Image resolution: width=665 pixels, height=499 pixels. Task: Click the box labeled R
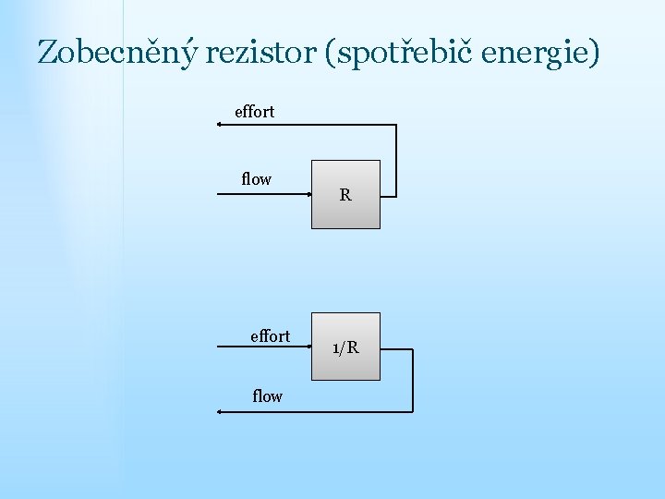345,195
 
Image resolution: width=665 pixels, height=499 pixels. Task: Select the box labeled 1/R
345,347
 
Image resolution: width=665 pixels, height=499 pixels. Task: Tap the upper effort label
254,112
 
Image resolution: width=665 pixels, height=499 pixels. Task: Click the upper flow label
256,179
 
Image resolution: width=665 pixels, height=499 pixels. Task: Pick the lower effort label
270,336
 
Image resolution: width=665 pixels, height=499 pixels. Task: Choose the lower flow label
267,396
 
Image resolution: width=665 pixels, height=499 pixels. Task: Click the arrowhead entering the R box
308,195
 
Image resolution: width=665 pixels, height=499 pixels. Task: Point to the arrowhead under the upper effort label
220,125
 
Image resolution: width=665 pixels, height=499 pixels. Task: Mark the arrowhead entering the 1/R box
308,347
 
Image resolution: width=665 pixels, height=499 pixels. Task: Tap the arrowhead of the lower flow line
220,412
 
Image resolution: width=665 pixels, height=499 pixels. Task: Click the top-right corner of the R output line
396,125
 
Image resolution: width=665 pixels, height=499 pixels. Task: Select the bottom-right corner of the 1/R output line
413,412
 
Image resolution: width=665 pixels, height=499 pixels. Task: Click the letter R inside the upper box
345,195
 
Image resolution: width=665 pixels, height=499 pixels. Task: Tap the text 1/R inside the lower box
345,348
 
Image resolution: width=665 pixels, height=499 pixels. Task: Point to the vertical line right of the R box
396,159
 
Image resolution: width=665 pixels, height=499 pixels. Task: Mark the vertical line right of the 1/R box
413,379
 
